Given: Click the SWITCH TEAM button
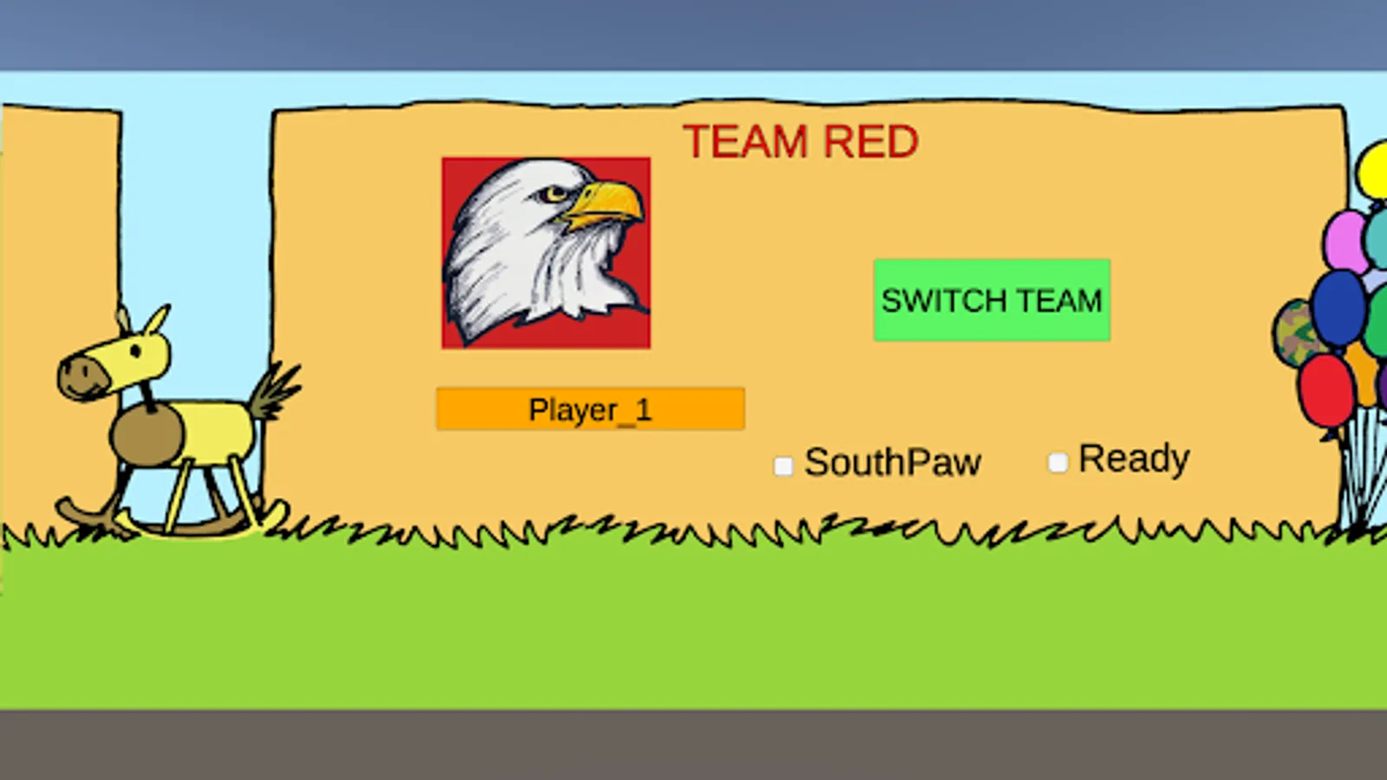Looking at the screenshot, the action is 992,300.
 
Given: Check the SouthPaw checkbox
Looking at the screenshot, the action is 784,466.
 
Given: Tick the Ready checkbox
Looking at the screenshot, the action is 1058,463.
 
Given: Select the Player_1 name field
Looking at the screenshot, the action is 590,408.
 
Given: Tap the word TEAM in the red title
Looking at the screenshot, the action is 746,142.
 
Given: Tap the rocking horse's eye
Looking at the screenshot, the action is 136,352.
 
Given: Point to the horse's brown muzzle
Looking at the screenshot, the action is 83,377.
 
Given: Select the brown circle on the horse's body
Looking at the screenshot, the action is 147,435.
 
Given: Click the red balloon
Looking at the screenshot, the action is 1325,391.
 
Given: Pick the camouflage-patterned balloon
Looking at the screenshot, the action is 1295,334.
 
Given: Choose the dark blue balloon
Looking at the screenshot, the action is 1338,309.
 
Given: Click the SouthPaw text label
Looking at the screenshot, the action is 893,463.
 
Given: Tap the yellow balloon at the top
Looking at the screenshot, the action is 1372,170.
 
